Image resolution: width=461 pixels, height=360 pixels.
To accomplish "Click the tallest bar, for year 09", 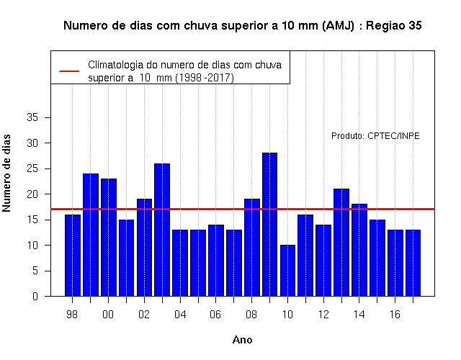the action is coord(269,225).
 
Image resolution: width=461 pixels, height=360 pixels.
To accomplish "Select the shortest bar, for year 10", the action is coord(287,271).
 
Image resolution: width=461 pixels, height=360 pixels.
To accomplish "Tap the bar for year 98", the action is coord(73,256).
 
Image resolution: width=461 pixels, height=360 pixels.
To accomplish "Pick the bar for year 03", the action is coord(162,230).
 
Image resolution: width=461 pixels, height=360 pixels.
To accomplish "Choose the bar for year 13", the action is coord(341,243).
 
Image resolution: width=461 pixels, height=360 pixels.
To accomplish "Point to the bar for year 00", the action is coord(109,238).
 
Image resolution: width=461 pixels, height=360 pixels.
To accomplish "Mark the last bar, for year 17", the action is coord(413,263).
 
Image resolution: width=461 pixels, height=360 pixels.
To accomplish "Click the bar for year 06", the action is coord(216,261).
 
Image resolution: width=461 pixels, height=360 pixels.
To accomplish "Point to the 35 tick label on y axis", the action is coord(32,117).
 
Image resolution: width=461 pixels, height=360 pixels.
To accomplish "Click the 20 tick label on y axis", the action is coord(32,194).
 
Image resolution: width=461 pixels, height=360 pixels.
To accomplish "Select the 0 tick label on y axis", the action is coord(35,296).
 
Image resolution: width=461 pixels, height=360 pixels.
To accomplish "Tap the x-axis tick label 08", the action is coord(251,315).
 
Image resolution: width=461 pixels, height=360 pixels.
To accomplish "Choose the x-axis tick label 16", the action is coord(395,315).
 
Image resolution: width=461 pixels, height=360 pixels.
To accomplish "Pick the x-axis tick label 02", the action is coord(144,315).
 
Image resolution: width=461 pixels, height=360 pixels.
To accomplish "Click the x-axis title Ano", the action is coord(242,340).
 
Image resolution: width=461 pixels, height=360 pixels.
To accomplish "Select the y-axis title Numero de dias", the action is coord(6,174).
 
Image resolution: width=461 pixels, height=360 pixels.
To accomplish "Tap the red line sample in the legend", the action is coord(69,71).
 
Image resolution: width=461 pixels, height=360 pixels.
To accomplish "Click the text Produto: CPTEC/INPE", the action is coord(375,136).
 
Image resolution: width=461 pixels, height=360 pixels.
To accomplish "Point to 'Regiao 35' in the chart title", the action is coord(394,26).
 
